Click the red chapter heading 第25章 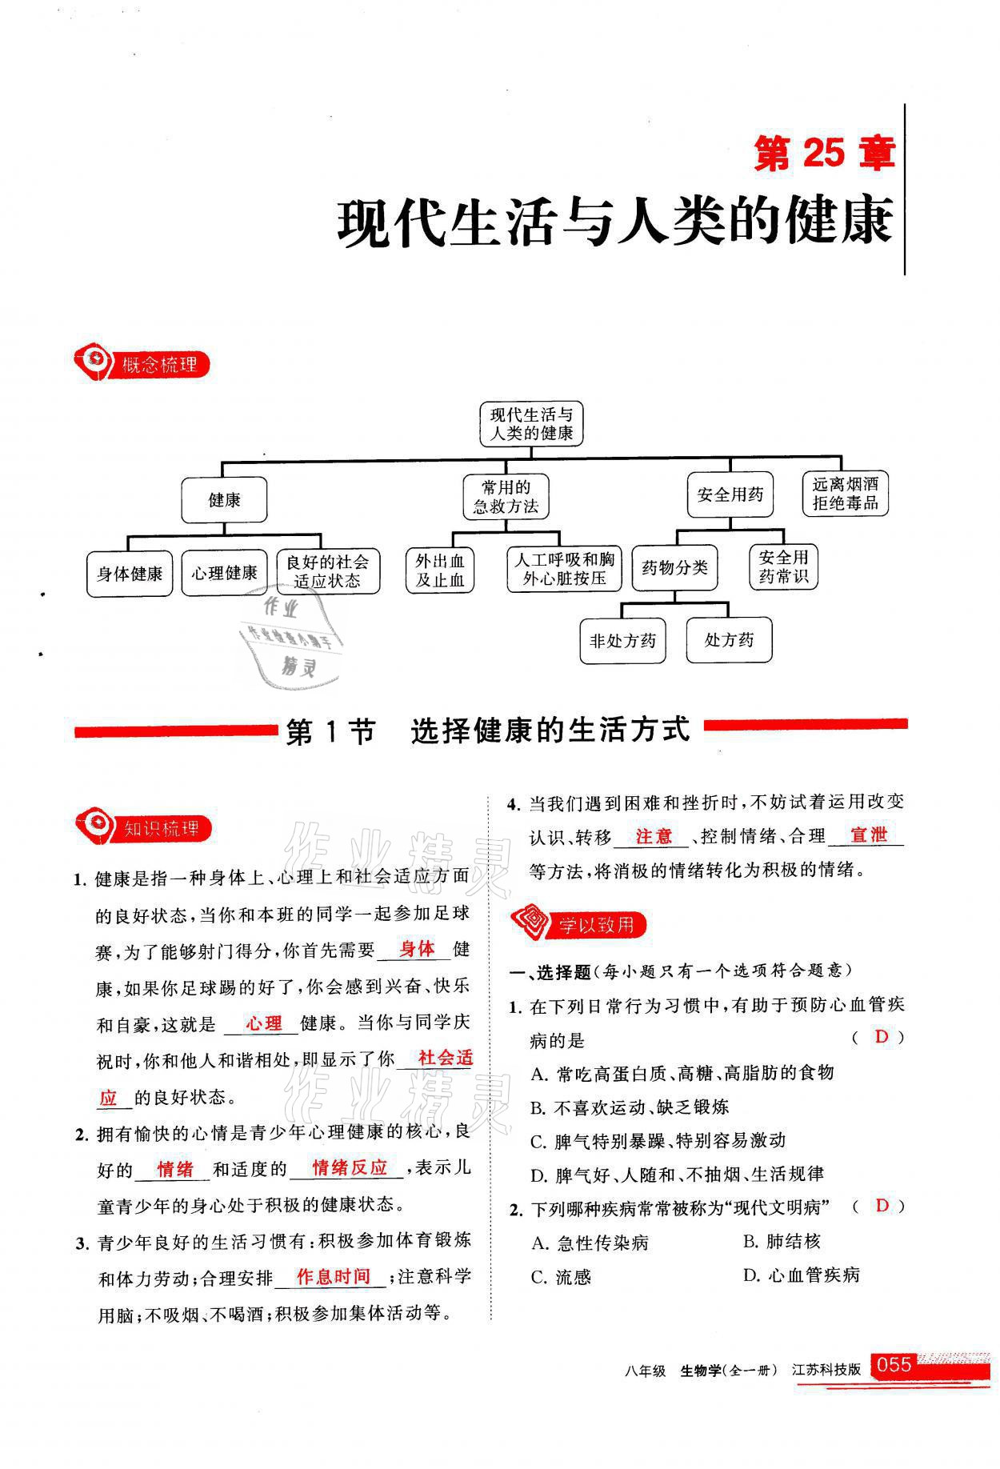(824, 153)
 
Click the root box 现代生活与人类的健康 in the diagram (531, 424)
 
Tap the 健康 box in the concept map (224, 501)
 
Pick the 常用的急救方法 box (506, 496)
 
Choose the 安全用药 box (730, 494)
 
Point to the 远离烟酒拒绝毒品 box (845, 494)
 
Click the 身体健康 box (130, 574)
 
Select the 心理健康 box (224, 573)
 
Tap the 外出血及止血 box (440, 570)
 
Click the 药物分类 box (674, 568)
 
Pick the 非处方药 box (622, 640)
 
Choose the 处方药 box (729, 640)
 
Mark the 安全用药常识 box (783, 566)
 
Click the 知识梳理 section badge (144, 829)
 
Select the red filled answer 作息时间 (333, 1276)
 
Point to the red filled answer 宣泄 (869, 835)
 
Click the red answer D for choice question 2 (882, 1206)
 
